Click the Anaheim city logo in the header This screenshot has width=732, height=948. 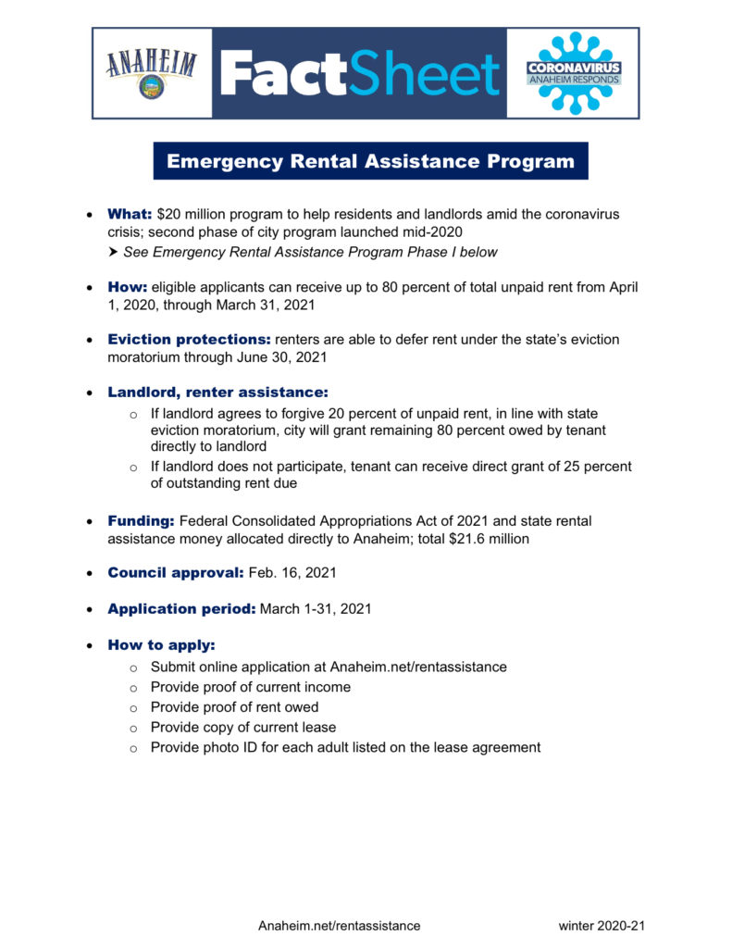coord(152,73)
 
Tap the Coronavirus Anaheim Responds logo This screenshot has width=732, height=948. coord(573,73)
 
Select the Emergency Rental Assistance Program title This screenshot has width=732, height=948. coord(370,161)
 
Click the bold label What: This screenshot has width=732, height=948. coord(130,214)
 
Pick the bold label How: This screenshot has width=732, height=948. coord(128,287)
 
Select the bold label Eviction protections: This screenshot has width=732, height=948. coord(190,340)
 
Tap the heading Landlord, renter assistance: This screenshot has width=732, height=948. coord(217,393)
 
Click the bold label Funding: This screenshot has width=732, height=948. coord(141,521)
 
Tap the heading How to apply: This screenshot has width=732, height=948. coord(161,644)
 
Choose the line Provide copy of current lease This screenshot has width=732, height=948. coord(243,727)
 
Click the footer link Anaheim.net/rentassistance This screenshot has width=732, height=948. coord(339,926)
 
